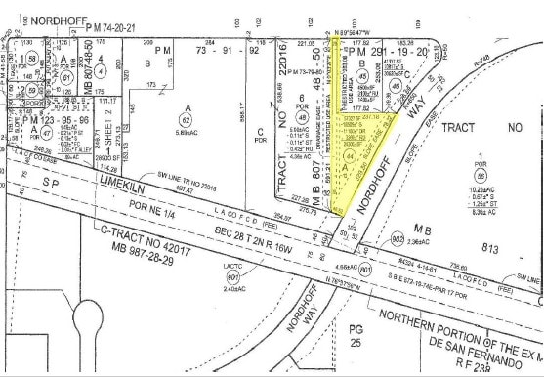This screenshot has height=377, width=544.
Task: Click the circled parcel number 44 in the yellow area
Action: coord(351,155)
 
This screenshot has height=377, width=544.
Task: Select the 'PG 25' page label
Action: coord(358,339)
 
